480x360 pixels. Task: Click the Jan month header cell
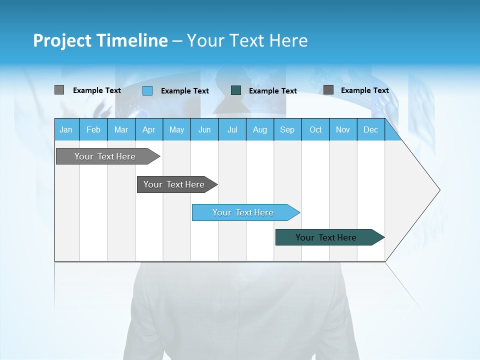(66, 129)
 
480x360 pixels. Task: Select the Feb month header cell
(93, 129)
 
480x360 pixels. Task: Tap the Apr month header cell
(149, 129)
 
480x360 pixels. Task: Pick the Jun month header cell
(204, 129)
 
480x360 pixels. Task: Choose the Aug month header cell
(260, 129)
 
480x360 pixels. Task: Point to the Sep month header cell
(287, 129)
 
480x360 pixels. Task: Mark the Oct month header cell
(315, 129)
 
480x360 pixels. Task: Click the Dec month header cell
(371, 129)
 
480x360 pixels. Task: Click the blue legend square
(147, 90)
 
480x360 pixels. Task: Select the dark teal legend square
(236, 90)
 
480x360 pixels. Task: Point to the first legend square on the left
(59, 90)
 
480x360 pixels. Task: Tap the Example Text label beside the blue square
(185, 91)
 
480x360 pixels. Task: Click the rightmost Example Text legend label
(365, 90)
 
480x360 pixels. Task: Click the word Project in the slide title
(60, 40)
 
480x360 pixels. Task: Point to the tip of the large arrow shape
(439, 190)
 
